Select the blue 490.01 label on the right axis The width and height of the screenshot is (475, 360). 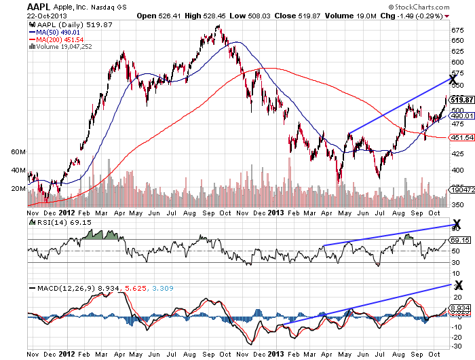tap(461, 115)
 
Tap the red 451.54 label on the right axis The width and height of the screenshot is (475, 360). tap(461, 137)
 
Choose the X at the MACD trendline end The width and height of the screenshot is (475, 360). tap(458, 285)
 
